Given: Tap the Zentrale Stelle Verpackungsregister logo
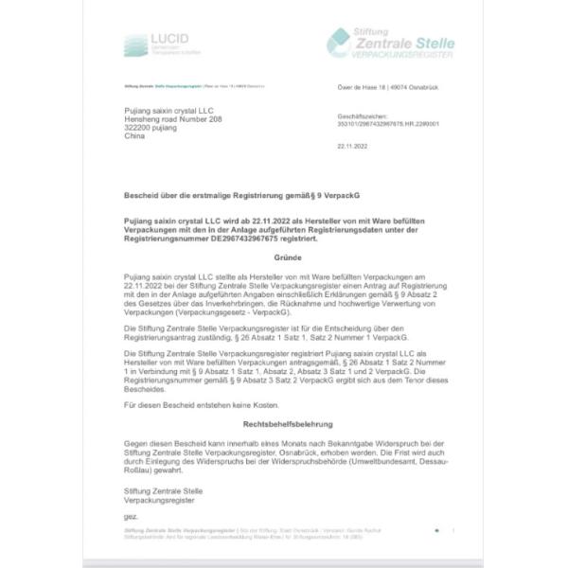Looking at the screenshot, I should click(390, 44).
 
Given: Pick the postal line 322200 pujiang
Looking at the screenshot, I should click(154, 127).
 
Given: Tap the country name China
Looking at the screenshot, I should click(135, 136).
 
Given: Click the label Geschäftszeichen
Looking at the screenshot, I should click(359, 115).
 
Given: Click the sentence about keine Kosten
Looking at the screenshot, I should click(187, 406).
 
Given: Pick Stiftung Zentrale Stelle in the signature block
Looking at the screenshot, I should click(163, 489).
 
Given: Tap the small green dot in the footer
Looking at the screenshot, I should click(436, 531).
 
